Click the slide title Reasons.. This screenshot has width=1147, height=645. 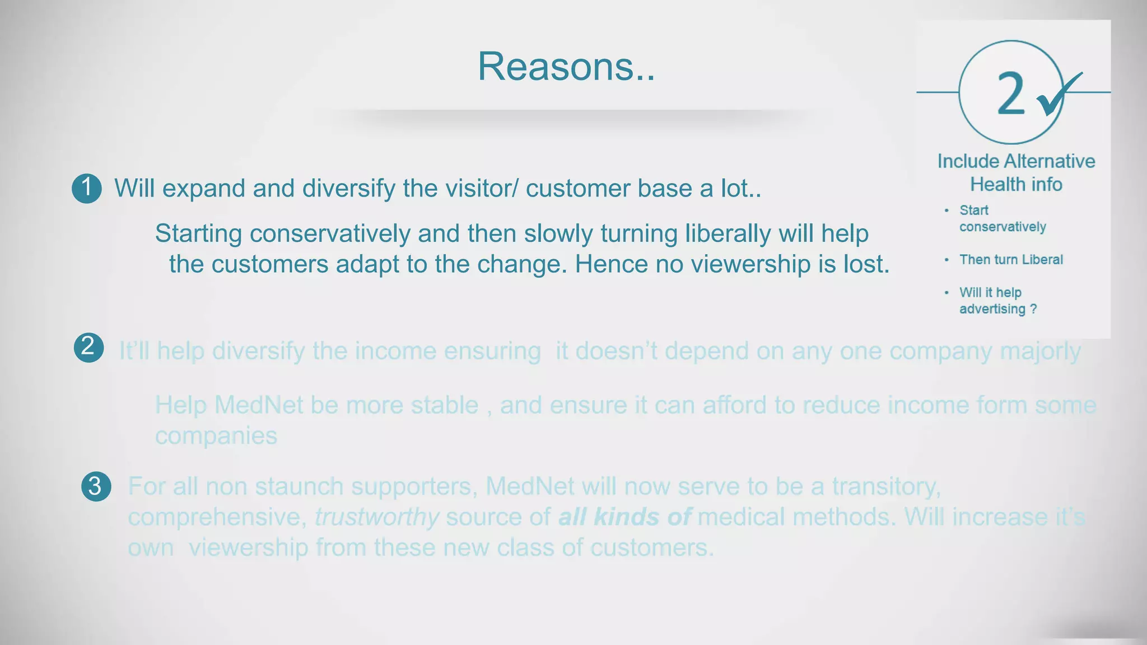pyautogui.click(x=566, y=67)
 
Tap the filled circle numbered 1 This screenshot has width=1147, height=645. pyautogui.click(x=87, y=188)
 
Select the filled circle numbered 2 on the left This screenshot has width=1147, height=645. pyautogui.click(x=88, y=348)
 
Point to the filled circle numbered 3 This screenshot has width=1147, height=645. pyautogui.click(x=96, y=486)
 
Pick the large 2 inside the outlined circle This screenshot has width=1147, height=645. pyautogui.click(x=1011, y=94)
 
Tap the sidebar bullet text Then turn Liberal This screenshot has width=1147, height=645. pyautogui.click(x=1011, y=260)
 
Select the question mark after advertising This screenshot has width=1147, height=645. pyautogui.click(x=1033, y=309)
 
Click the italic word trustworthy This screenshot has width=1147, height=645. pyautogui.click(x=376, y=517)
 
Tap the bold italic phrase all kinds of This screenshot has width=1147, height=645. pyautogui.click(x=624, y=517)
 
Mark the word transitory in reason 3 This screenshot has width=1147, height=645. pyautogui.click(x=885, y=486)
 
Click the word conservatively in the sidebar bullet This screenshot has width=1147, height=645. pyautogui.click(x=1003, y=227)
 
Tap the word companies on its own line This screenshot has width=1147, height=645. pyautogui.click(x=216, y=436)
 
